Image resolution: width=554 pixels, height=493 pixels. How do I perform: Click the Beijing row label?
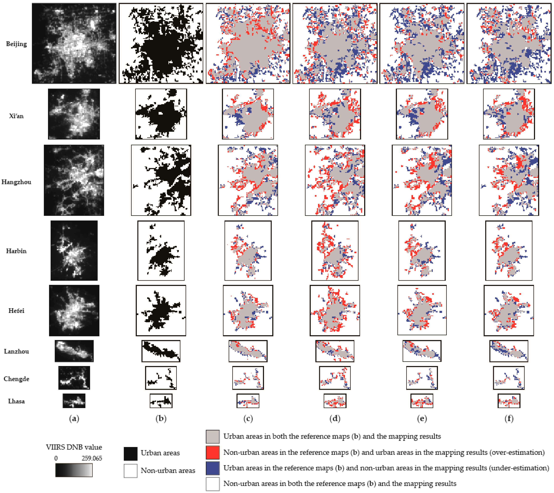coord(16,44)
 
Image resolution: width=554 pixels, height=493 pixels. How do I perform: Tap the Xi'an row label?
coord(16,116)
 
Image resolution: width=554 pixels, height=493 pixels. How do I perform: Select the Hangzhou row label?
coord(16,182)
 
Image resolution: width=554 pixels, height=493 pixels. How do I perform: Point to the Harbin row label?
coord(16,251)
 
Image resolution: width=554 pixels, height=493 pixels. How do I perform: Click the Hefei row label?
coord(16,311)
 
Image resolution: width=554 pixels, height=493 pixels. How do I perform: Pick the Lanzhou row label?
coord(16,351)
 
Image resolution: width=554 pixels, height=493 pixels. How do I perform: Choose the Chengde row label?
coord(16,379)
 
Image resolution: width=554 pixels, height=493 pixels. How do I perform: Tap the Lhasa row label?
coord(16,401)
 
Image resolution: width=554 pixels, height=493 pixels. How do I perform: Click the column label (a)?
coord(74,419)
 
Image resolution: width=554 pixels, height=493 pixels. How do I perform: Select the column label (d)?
coord(335,419)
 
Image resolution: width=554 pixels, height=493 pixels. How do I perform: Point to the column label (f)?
coord(509,419)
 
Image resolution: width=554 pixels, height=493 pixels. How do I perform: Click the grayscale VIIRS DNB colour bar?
coord(74,470)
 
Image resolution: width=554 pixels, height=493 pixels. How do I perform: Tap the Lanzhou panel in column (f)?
coord(509,351)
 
